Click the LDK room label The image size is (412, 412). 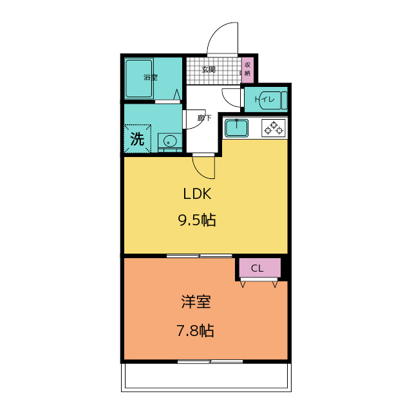click(x=197, y=194)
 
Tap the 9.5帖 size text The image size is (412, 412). click(x=197, y=220)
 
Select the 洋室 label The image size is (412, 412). click(x=196, y=302)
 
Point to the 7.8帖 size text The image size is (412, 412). click(x=195, y=331)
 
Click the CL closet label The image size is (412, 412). click(x=257, y=268)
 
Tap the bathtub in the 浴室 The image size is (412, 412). click(x=139, y=79)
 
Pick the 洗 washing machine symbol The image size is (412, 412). click(x=137, y=138)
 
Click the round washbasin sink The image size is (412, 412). click(x=170, y=142)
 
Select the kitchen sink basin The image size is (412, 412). click(x=236, y=128)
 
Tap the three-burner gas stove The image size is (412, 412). click(x=274, y=127)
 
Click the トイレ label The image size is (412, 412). click(x=265, y=99)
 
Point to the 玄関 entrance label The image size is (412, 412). click(x=209, y=70)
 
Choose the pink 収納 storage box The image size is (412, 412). click(x=247, y=70)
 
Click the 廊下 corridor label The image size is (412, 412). click(x=205, y=118)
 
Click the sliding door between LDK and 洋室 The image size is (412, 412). click(x=200, y=256)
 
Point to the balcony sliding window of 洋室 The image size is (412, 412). click(x=211, y=362)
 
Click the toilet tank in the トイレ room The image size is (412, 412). click(x=284, y=100)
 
